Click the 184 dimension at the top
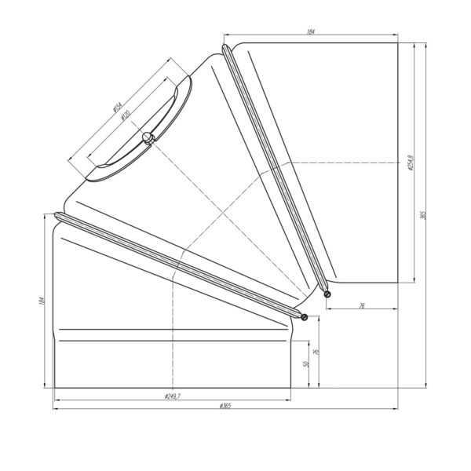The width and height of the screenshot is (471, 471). click(311, 31)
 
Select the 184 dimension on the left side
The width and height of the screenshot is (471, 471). click(41, 301)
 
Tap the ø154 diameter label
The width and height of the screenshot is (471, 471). click(117, 108)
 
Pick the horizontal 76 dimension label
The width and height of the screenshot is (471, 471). click(362, 305)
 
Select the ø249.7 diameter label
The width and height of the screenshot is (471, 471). click(173, 396)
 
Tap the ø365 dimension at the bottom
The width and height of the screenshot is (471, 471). click(225, 406)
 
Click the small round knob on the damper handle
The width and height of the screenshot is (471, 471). click(147, 138)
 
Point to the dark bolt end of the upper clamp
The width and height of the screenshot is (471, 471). click(327, 294)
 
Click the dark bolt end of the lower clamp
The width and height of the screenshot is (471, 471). click(304, 317)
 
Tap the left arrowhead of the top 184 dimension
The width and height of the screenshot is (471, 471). click(226, 35)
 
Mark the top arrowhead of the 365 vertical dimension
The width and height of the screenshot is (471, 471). click(426, 45)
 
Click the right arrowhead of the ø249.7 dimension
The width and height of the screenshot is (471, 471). click(289, 399)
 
